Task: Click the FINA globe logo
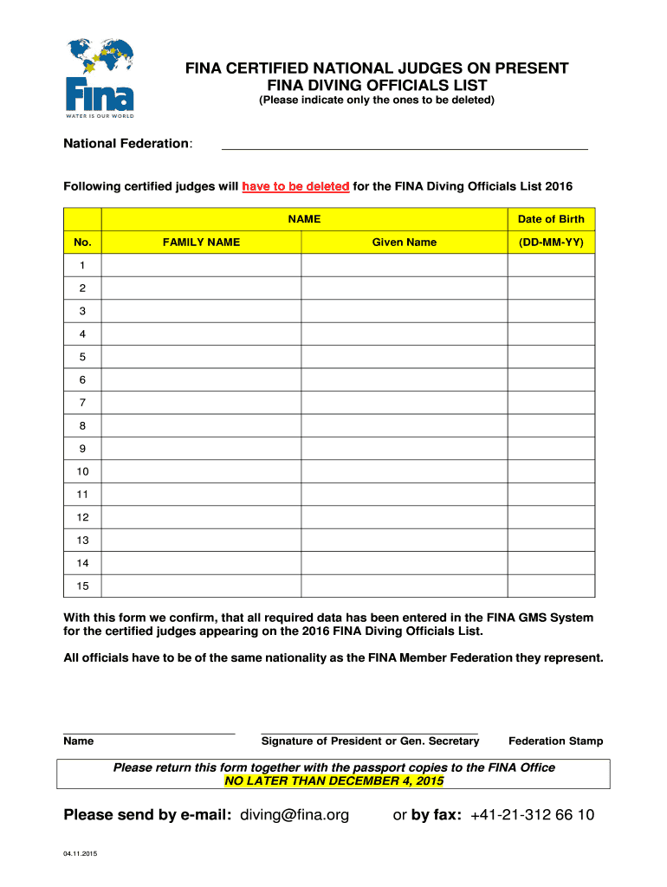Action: (100, 76)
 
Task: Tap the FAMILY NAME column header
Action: (201, 243)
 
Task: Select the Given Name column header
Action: (404, 243)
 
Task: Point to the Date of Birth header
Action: (551, 219)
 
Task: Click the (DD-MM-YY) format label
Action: (551, 243)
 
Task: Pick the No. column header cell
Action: (82, 243)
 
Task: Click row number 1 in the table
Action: (82, 264)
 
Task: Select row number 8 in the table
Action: (82, 425)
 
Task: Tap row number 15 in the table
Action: (82, 586)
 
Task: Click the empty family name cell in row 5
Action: (201, 356)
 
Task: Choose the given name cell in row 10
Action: (404, 471)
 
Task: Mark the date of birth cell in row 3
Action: (551, 310)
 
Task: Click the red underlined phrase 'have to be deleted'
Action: (296, 187)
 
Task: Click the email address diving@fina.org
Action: (295, 815)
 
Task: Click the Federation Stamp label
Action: (556, 741)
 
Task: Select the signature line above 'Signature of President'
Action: (369, 733)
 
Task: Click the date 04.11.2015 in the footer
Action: (81, 855)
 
